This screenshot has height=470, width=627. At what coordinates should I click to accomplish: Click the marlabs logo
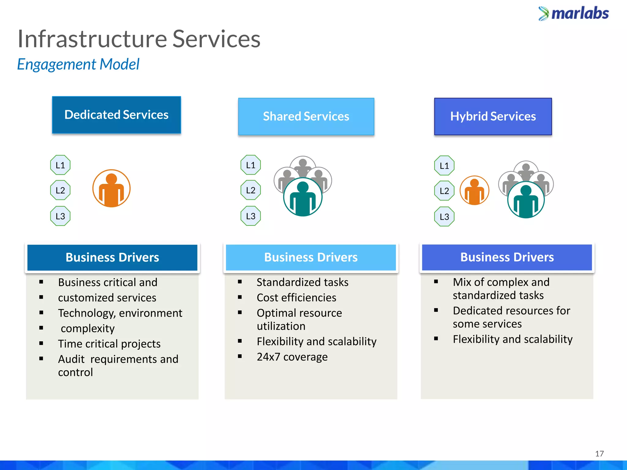point(574,13)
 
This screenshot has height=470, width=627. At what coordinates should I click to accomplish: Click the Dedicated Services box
point(116,115)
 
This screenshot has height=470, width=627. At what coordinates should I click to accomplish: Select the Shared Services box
point(306,116)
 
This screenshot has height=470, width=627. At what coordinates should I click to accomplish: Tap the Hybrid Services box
point(493,116)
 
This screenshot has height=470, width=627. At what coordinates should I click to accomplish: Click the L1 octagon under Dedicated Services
point(60,165)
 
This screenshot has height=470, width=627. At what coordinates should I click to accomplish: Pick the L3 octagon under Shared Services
point(251,216)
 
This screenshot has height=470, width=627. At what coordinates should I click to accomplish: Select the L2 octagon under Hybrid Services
point(444,191)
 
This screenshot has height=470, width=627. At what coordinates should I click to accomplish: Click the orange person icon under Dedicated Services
point(111,188)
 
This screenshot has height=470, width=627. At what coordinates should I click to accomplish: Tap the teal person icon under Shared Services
point(303,197)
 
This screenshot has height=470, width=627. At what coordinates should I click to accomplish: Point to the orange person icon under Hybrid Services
point(474,191)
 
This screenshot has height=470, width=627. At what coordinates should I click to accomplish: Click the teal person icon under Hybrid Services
point(526,200)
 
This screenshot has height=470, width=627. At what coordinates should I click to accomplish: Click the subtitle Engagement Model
point(78,64)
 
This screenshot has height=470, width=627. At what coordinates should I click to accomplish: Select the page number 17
point(599,453)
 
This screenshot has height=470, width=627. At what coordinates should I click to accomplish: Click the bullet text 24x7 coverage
point(292,357)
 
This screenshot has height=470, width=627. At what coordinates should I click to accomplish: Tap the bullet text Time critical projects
point(109,344)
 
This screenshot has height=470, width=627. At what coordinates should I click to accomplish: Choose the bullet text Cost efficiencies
point(296,297)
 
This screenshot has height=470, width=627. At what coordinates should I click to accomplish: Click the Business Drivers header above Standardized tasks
point(311,257)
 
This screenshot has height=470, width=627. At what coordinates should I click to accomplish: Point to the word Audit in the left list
point(71,359)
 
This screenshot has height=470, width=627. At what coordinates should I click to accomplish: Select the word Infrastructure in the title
point(92,39)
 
